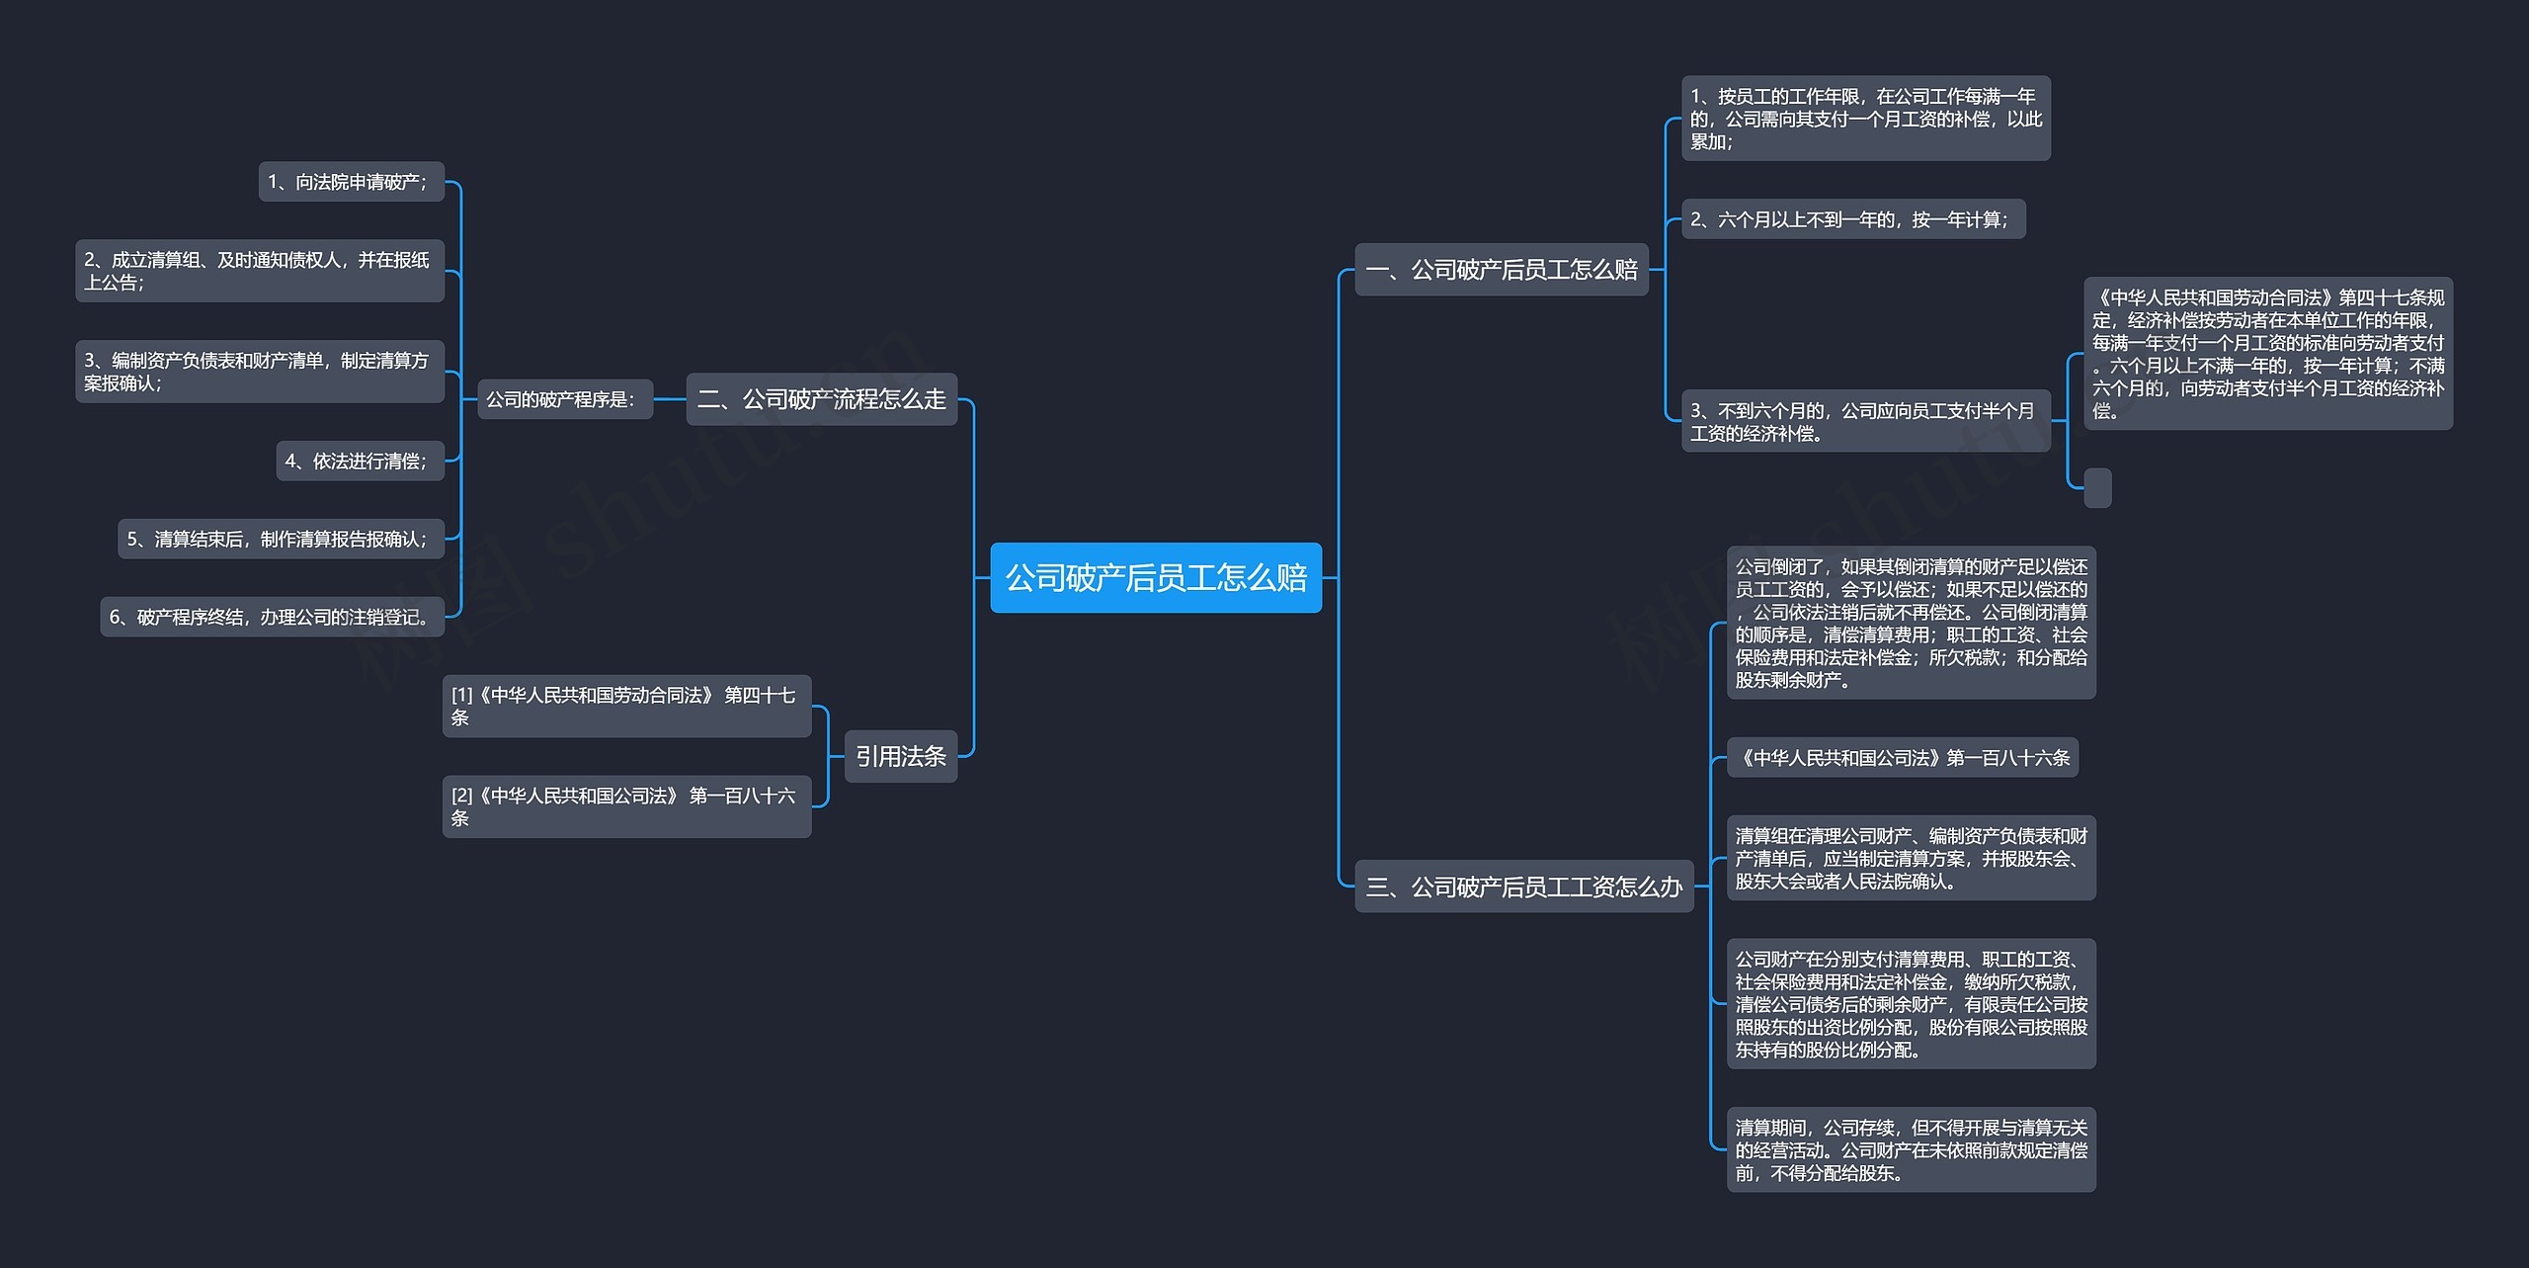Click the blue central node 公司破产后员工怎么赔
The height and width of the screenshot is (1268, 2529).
(x=1155, y=577)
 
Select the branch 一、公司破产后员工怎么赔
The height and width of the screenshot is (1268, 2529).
(x=1501, y=269)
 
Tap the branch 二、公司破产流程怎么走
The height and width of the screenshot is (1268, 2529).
(x=821, y=399)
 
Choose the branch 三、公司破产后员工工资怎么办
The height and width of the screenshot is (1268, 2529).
(x=1523, y=887)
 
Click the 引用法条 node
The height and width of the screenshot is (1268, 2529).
(x=900, y=756)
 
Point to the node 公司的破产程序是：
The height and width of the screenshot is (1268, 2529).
(x=564, y=399)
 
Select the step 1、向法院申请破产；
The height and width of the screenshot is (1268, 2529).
(x=351, y=182)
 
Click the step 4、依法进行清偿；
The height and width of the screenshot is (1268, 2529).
(x=360, y=461)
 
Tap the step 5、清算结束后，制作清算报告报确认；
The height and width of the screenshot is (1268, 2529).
(x=281, y=539)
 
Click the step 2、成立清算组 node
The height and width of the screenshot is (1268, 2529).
(x=259, y=271)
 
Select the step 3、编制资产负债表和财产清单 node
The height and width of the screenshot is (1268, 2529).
(x=259, y=372)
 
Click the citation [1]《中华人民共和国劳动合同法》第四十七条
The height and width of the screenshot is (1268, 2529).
(x=626, y=706)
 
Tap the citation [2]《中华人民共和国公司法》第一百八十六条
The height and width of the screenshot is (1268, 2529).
(x=626, y=806)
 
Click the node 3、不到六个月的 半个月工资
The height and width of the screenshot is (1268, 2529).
(x=1865, y=421)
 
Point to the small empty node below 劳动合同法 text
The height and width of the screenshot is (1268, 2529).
(x=2096, y=487)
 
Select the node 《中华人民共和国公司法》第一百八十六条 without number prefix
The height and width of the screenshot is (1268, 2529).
(x=1902, y=758)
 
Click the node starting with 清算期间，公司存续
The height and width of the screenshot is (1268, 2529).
(x=1911, y=1149)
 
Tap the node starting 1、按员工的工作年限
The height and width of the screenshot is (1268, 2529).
(x=1865, y=119)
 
